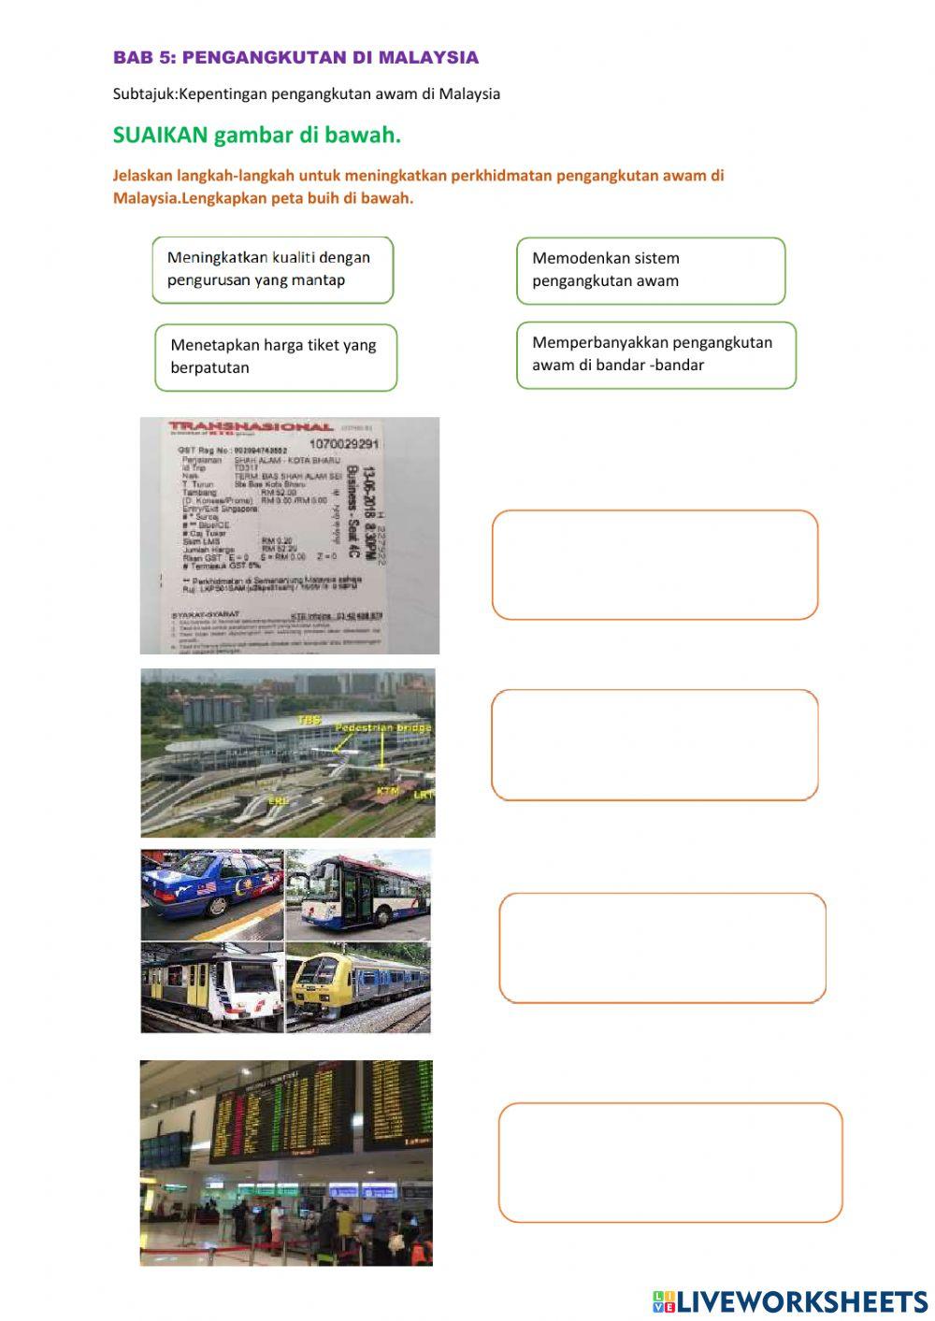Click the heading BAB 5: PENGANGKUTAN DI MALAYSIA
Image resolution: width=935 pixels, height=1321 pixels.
click(x=295, y=58)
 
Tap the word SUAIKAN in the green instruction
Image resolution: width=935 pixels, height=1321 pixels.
click(x=160, y=136)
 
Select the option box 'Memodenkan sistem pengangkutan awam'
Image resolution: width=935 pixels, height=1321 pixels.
click(x=651, y=270)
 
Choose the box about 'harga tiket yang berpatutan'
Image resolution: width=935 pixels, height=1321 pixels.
click(x=276, y=357)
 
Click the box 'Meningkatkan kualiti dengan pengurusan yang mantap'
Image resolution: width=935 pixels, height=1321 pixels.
click(x=272, y=269)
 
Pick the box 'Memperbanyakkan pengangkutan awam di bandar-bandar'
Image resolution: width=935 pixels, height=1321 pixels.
click(x=655, y=354)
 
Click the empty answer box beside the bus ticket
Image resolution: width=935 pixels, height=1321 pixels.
click(x=654, y=565)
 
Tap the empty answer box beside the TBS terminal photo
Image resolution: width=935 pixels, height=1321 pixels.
click(x=654, y=745)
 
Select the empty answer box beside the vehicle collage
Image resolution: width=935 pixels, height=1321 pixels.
click(x=662, y=947)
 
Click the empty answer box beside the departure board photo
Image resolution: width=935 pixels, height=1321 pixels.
click(x=669, y=1162)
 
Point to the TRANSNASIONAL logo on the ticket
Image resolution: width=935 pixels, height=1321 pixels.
click(x=251, y=429)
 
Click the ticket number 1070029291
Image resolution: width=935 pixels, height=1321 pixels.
click(x=344, y=443)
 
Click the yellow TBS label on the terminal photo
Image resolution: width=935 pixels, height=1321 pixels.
click(x=309, y=720)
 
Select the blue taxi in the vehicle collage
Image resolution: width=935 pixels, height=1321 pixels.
click(x=211, y=894)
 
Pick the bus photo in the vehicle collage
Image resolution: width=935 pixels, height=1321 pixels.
click(x=358, y=894)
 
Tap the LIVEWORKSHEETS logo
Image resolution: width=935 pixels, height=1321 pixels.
click(x=790, y=1300)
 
